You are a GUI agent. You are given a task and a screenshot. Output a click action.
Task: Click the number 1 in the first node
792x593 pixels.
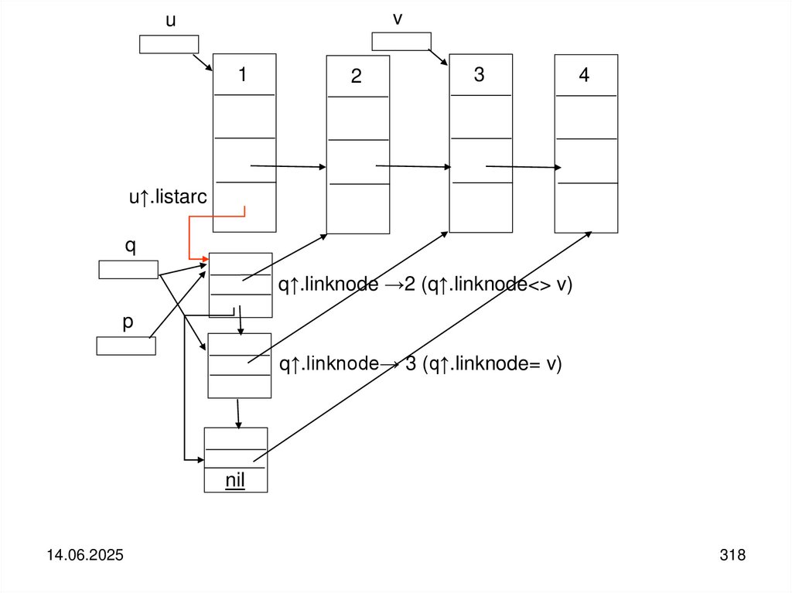pos(243,75)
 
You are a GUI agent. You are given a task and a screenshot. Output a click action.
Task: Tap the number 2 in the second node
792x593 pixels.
pos(356,77)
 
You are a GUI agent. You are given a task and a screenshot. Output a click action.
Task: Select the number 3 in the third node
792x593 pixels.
pos(480,75)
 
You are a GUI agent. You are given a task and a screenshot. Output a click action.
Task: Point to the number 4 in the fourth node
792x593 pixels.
pos(584,75)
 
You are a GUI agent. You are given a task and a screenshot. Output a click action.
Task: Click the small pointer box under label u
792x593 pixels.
pos(169,44)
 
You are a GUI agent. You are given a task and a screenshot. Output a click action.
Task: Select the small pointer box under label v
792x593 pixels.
pos(401,41)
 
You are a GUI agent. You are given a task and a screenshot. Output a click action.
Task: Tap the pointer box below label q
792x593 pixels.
pos(128,270)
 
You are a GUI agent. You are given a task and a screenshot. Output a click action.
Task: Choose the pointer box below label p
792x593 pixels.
pos(126,346)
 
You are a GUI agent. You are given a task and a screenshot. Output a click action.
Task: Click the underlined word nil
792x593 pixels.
pos(235,481)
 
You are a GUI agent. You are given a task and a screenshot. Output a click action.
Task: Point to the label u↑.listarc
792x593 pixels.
pos(167,198)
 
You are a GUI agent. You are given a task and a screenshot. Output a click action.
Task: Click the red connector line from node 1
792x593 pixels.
pos(190,232)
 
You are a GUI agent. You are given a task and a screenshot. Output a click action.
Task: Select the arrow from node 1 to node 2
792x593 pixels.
pos(287,166)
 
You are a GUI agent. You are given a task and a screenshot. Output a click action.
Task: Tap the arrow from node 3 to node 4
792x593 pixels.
pos(523,167)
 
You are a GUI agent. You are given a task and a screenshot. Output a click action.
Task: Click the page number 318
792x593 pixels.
pos(732,555)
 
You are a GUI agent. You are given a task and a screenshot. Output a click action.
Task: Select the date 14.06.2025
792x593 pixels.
pos(87,555)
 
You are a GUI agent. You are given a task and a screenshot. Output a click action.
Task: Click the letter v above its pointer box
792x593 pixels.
pos(397,19)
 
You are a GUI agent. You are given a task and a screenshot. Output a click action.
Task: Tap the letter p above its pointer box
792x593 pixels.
pos(128,323)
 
